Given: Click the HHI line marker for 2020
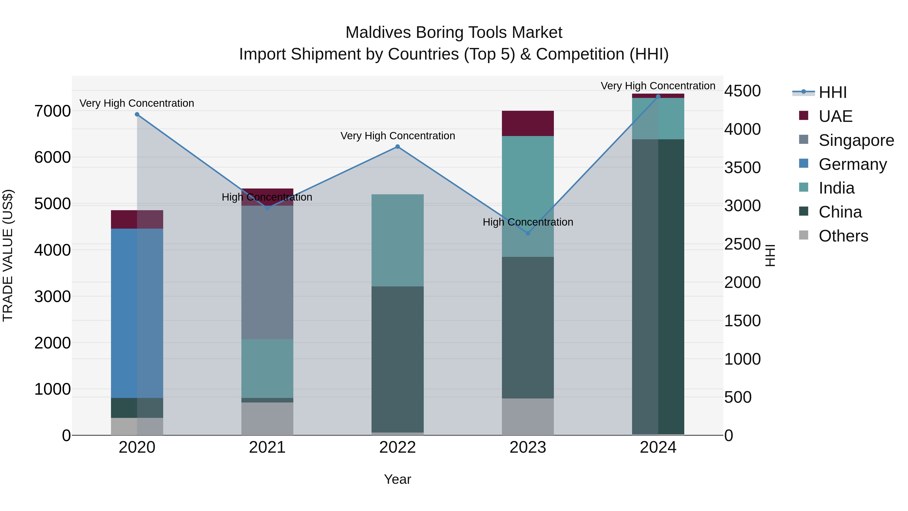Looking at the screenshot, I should click(137, 114).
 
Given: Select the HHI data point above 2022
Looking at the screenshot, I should click(398, 147).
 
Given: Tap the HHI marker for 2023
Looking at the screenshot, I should click(528, 233).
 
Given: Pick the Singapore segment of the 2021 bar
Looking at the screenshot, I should click(267, 272).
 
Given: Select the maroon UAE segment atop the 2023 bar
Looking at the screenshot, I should click(528, 123).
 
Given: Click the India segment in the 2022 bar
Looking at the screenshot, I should click(398, 240).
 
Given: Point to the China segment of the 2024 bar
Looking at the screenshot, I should click(658, 286).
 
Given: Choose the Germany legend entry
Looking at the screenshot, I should click(852, 164).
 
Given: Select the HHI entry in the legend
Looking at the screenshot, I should click(832, 92).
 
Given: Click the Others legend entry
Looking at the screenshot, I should click(843, 236).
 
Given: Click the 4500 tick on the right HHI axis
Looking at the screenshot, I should click(742, 91).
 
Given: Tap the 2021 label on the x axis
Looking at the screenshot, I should click(267, 447).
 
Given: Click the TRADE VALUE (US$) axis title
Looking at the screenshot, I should click(8, 255).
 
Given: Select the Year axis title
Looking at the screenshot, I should click(397, 479).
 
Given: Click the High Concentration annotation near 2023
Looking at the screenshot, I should click(528, 222).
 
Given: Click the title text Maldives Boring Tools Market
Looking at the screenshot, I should click(454, 33).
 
